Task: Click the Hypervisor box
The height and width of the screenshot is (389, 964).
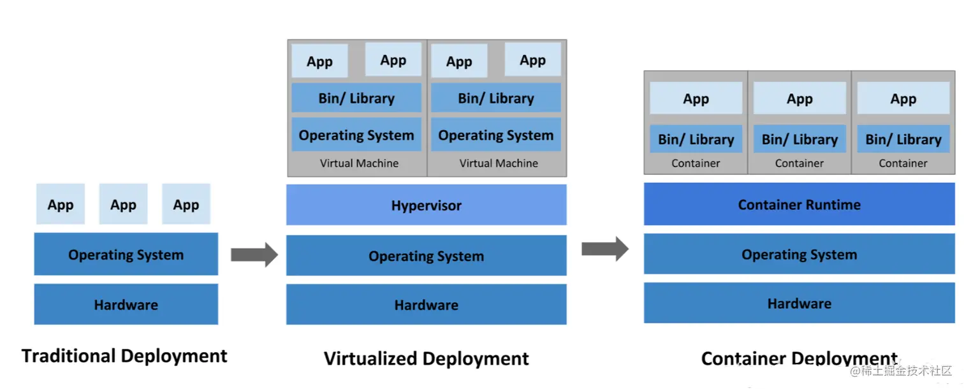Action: (x=426, y=205)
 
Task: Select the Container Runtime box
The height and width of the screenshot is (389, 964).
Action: (x=799, y=205)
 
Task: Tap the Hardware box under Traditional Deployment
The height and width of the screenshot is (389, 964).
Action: (x=126, y=305)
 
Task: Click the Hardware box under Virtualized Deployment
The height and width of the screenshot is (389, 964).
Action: (x=426, y=305)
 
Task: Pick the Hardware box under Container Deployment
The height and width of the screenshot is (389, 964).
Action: (x=799, y=304)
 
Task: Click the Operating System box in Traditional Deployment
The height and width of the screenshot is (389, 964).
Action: (x=126, y=254)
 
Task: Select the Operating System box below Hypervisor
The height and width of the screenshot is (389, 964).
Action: (x=426, y=256)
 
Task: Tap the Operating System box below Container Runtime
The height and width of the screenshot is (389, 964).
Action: (x=799, y=254)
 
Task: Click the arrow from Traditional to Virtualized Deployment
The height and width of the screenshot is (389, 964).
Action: (x=254, y=255)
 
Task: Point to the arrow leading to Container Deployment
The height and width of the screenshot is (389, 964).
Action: (x=605, y=249)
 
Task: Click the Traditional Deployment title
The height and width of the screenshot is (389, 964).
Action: (x=124, y=356)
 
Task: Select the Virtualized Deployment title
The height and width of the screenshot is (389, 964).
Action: (x=426, y=358)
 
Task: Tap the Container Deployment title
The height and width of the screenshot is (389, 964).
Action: (x=799, y=358)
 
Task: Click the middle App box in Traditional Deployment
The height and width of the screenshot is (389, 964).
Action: (x=123, y=205)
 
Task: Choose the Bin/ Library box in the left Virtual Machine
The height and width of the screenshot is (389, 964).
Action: (x=356, y=98)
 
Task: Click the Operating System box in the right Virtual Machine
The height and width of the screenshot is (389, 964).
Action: (x=495, y=135)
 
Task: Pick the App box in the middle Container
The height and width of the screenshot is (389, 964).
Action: (x=800, y=99)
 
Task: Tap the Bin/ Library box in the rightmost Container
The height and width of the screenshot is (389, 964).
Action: (x=903, y=139)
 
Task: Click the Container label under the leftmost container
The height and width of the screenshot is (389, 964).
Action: (x=696, y=163)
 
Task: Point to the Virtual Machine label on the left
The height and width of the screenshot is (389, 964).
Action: (x=359, y=163)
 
